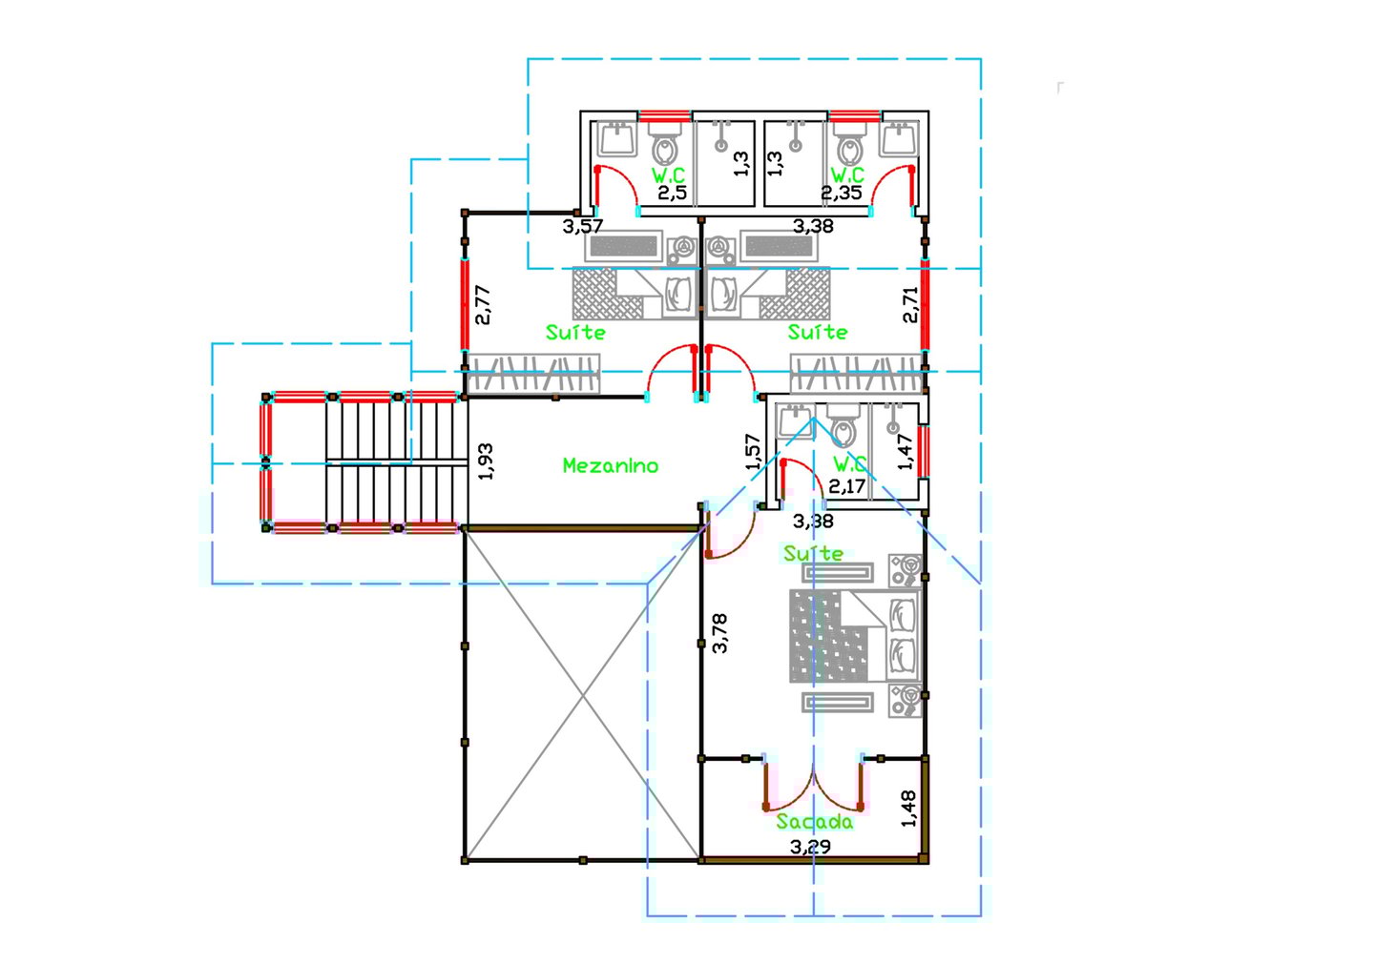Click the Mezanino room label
611,466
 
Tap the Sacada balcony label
815,821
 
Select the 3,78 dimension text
719,632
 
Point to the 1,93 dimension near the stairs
485,461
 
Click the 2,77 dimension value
483,305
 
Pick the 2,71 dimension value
911,305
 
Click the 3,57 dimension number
583,227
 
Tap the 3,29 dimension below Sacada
810,847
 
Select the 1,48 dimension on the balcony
908,808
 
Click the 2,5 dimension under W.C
673,194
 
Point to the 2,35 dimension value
842,193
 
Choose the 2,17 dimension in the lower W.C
846,486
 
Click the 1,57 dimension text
753,452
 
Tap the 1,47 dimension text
906,451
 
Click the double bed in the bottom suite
855,636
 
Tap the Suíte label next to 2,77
575,332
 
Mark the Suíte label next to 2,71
818,332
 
